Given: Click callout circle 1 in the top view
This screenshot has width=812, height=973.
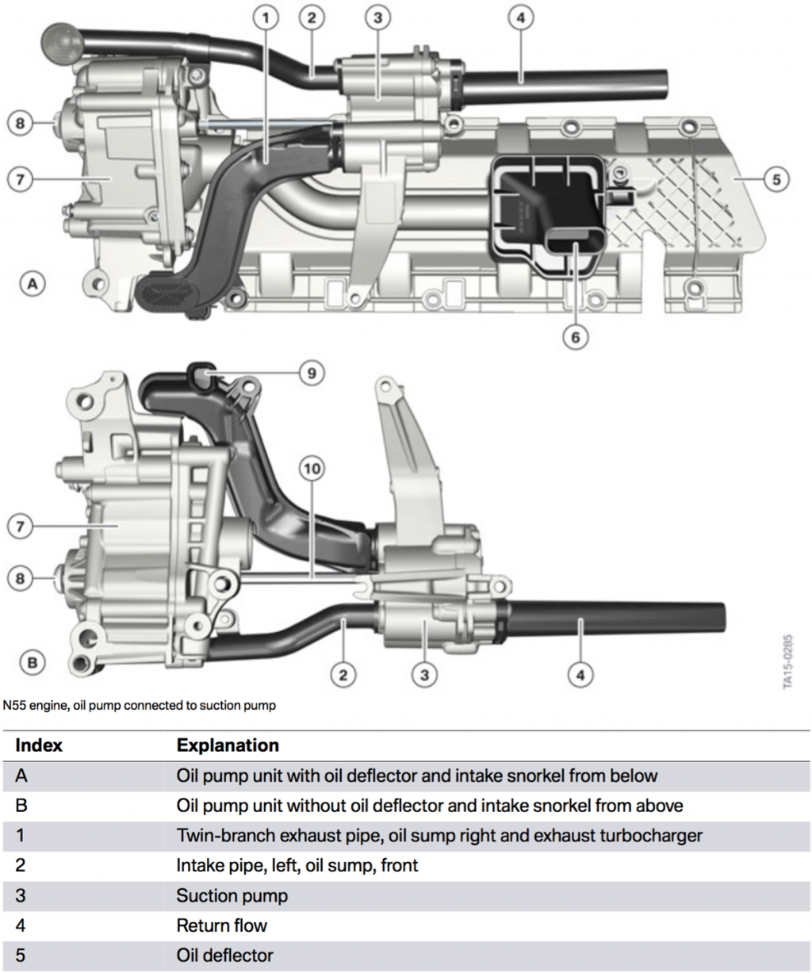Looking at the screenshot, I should [x=266, y=17].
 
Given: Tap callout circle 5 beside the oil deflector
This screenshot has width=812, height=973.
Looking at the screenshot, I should [x=776, y=179].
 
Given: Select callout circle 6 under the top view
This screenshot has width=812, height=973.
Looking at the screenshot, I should [x=575, y=337].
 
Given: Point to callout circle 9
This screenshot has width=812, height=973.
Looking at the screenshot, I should [x=312, y=372].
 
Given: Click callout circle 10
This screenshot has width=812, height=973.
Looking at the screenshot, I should [x=312, y=469].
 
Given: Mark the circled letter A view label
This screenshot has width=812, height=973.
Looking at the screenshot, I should [x=32, y=283].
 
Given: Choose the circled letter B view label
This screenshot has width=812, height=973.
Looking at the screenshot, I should [x=32, y=661].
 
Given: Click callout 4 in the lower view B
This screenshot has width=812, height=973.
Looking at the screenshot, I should [x=580, y=675].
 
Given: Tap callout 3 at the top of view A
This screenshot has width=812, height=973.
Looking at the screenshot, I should [x=377, y=17].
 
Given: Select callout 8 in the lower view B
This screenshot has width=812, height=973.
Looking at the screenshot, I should [x=21, y=579].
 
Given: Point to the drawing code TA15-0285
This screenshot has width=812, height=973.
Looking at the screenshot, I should [x=787, y=660].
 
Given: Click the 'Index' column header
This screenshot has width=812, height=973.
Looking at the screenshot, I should [x=38, y=745].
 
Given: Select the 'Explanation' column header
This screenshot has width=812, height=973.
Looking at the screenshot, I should [x=228, y=745].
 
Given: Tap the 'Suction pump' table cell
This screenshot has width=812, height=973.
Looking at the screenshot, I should [x=232, y=896].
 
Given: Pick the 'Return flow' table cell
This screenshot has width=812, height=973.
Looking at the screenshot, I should [x=221, y=925].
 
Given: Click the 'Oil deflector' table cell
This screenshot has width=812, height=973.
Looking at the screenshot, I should [x=224, y=956].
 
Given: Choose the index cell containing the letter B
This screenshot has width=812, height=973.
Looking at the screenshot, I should [x=21, y=806].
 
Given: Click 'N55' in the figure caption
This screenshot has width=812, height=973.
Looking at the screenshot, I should [x=15, y=705].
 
